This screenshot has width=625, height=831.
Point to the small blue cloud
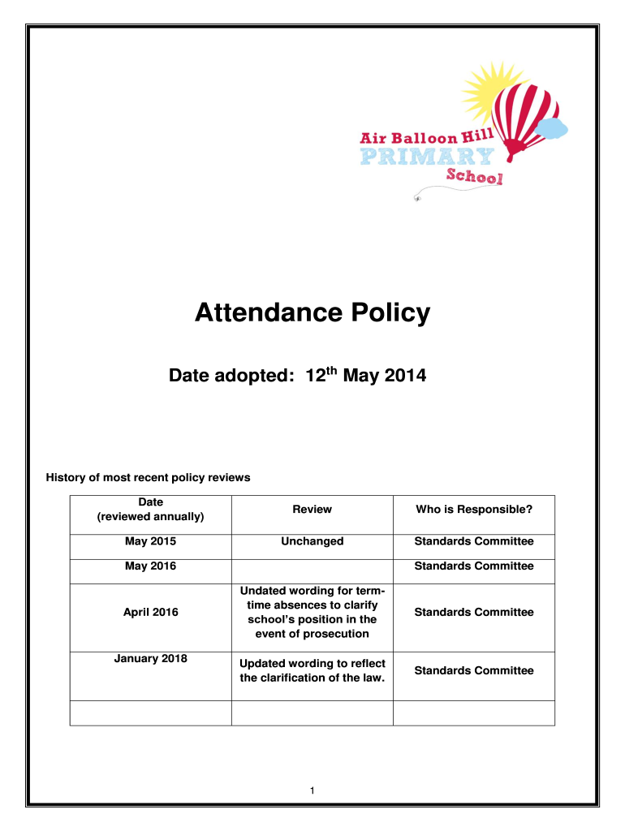[x=552, y=127]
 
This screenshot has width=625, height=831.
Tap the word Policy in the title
[x=392, y=313]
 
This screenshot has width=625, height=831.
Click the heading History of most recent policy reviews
[x=148, y=477]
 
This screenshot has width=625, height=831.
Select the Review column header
[x=312, y=510]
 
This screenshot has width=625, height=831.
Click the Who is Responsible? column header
[x=474, y=510]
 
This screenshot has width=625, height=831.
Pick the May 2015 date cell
[x=150, y=541]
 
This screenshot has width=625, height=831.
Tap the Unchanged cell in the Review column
[x=312, y=541]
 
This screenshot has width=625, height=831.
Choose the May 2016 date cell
[x=150, y=566]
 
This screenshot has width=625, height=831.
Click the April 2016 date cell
[x=150, y=613]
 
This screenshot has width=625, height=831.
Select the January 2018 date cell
[x=150, y=658]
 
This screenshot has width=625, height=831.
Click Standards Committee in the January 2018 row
[x=474, y=670]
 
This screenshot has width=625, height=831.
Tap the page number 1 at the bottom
[x=312, y=790]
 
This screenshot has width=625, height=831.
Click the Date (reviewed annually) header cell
[x=150, y=510]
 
